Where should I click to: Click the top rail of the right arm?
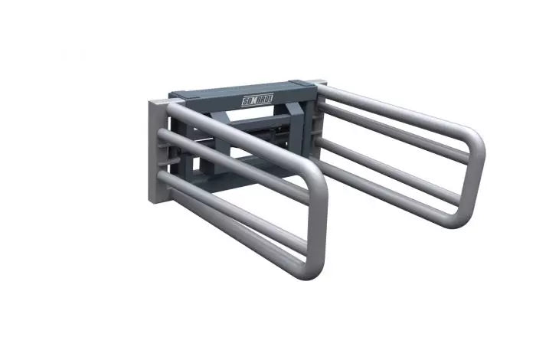pyautogui.click(x=391, y=103)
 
